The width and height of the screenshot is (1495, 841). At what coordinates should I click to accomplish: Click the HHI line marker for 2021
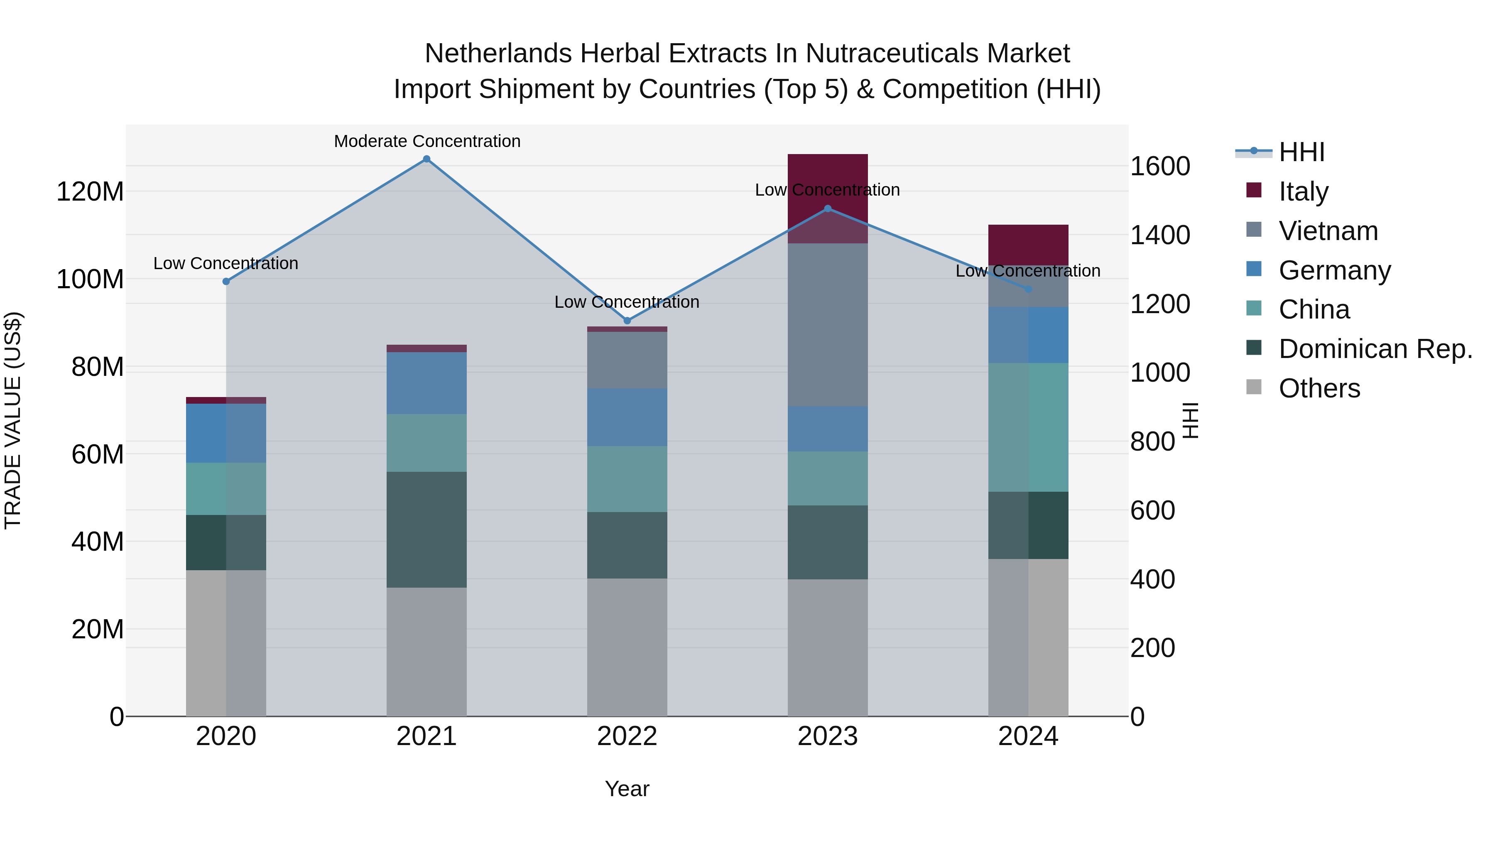pyautogui.click(x=426, y=159)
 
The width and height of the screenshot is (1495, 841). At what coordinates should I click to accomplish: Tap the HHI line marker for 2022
pyautogui.click(x=627, y=320)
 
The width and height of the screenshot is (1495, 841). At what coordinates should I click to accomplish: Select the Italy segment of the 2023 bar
pyautogui.click(x=828, y=174)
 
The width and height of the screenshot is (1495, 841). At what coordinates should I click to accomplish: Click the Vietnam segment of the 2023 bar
pyautogui.click(x=828, y=325)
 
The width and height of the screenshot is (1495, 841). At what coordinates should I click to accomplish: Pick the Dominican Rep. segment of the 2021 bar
pyautogui.click(x=426, y=530)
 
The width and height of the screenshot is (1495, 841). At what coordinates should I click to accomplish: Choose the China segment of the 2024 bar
pyautogui.click(x=1028, y=427)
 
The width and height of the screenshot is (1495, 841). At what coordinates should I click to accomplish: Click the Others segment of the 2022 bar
pyautogui.click(x=627, y=647)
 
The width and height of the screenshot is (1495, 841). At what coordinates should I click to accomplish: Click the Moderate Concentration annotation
pyautogui.click(x=427, y=141)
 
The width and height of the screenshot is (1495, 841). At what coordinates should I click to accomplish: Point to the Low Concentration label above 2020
pyautogui.click(x=226, y=263)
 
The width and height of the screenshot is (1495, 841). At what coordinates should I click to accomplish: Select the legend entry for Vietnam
pyautogui.click(x=1328, y=231)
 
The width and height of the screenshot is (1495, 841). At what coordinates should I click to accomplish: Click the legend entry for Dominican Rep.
pyautogui.click(x=1375, y=349)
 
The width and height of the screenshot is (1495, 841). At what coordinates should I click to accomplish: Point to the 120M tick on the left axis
pyautogui.click(x=90, y=191)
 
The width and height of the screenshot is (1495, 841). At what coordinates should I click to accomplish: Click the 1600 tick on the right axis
pyautogui.click(x=1159, y=167)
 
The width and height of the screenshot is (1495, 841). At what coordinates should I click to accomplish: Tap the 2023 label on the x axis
pyautogui.click(x=828, y=736)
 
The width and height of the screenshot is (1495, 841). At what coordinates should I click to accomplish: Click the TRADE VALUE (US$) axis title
pyautogui.click(x=13, y=420)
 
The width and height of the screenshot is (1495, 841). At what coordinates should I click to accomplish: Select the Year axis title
pyautogui.click(x=627, y=789)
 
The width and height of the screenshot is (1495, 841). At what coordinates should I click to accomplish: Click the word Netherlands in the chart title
pyautogui.click(x=498, y=54)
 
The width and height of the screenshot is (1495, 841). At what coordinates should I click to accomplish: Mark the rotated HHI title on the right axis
pyautogui.click(x=1190, y=420)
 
